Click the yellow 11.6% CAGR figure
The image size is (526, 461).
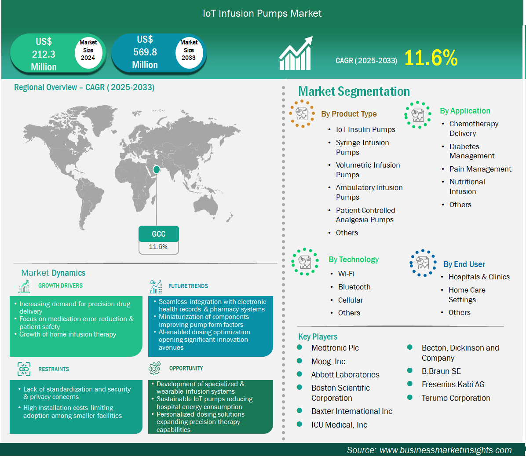pyautogui.click(x=431, y=58)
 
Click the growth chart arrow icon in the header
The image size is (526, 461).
pyautogui.click(x=296, y=53)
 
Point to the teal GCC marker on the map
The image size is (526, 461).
pyautogui.click(x=156, y=170)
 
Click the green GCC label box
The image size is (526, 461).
pyautogui.click(x=159, y=234)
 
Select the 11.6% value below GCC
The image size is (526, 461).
pyautogui.click(x=158, y=247)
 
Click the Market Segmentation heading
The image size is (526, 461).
pyautogui.click(x=354, y=91)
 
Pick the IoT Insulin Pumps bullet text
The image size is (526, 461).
pyautogui.click(x=365, y=129)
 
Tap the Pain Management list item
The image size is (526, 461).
pyautogui.click(x=480, y=169)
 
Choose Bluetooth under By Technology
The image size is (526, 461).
pyautogui.click(x=354, y=287)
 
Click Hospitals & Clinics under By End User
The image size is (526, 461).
pyautogui.click(x=479, y=277)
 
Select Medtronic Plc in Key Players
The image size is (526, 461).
pyautogui.click(x=335, y=348)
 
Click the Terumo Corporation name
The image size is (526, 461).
pyautogui.click(x=456, y=398)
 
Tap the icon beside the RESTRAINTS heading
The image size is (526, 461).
pyautogui.click(x=24, y=369)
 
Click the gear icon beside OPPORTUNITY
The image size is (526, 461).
pyautogui.click(x=155, y=368)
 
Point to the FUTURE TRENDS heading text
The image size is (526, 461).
pyautogui.click(x=188, y=286)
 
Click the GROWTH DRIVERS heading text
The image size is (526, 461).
pyautogui.click(x=60, y=285)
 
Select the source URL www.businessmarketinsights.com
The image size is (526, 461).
pyautogui.click(x=446, y=450)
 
